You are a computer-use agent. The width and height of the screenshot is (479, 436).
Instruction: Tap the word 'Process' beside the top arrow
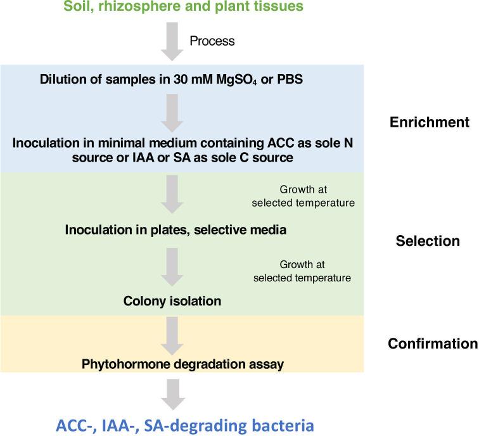tap(212, 41)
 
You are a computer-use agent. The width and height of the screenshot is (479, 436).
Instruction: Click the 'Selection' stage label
tap(427, 241)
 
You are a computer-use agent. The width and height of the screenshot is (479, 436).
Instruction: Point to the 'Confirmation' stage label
tap(432, 343)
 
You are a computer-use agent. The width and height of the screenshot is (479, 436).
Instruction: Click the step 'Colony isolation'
tap(172, 301)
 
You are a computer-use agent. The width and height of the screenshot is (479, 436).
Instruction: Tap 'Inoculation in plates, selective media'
tap(176, 229)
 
